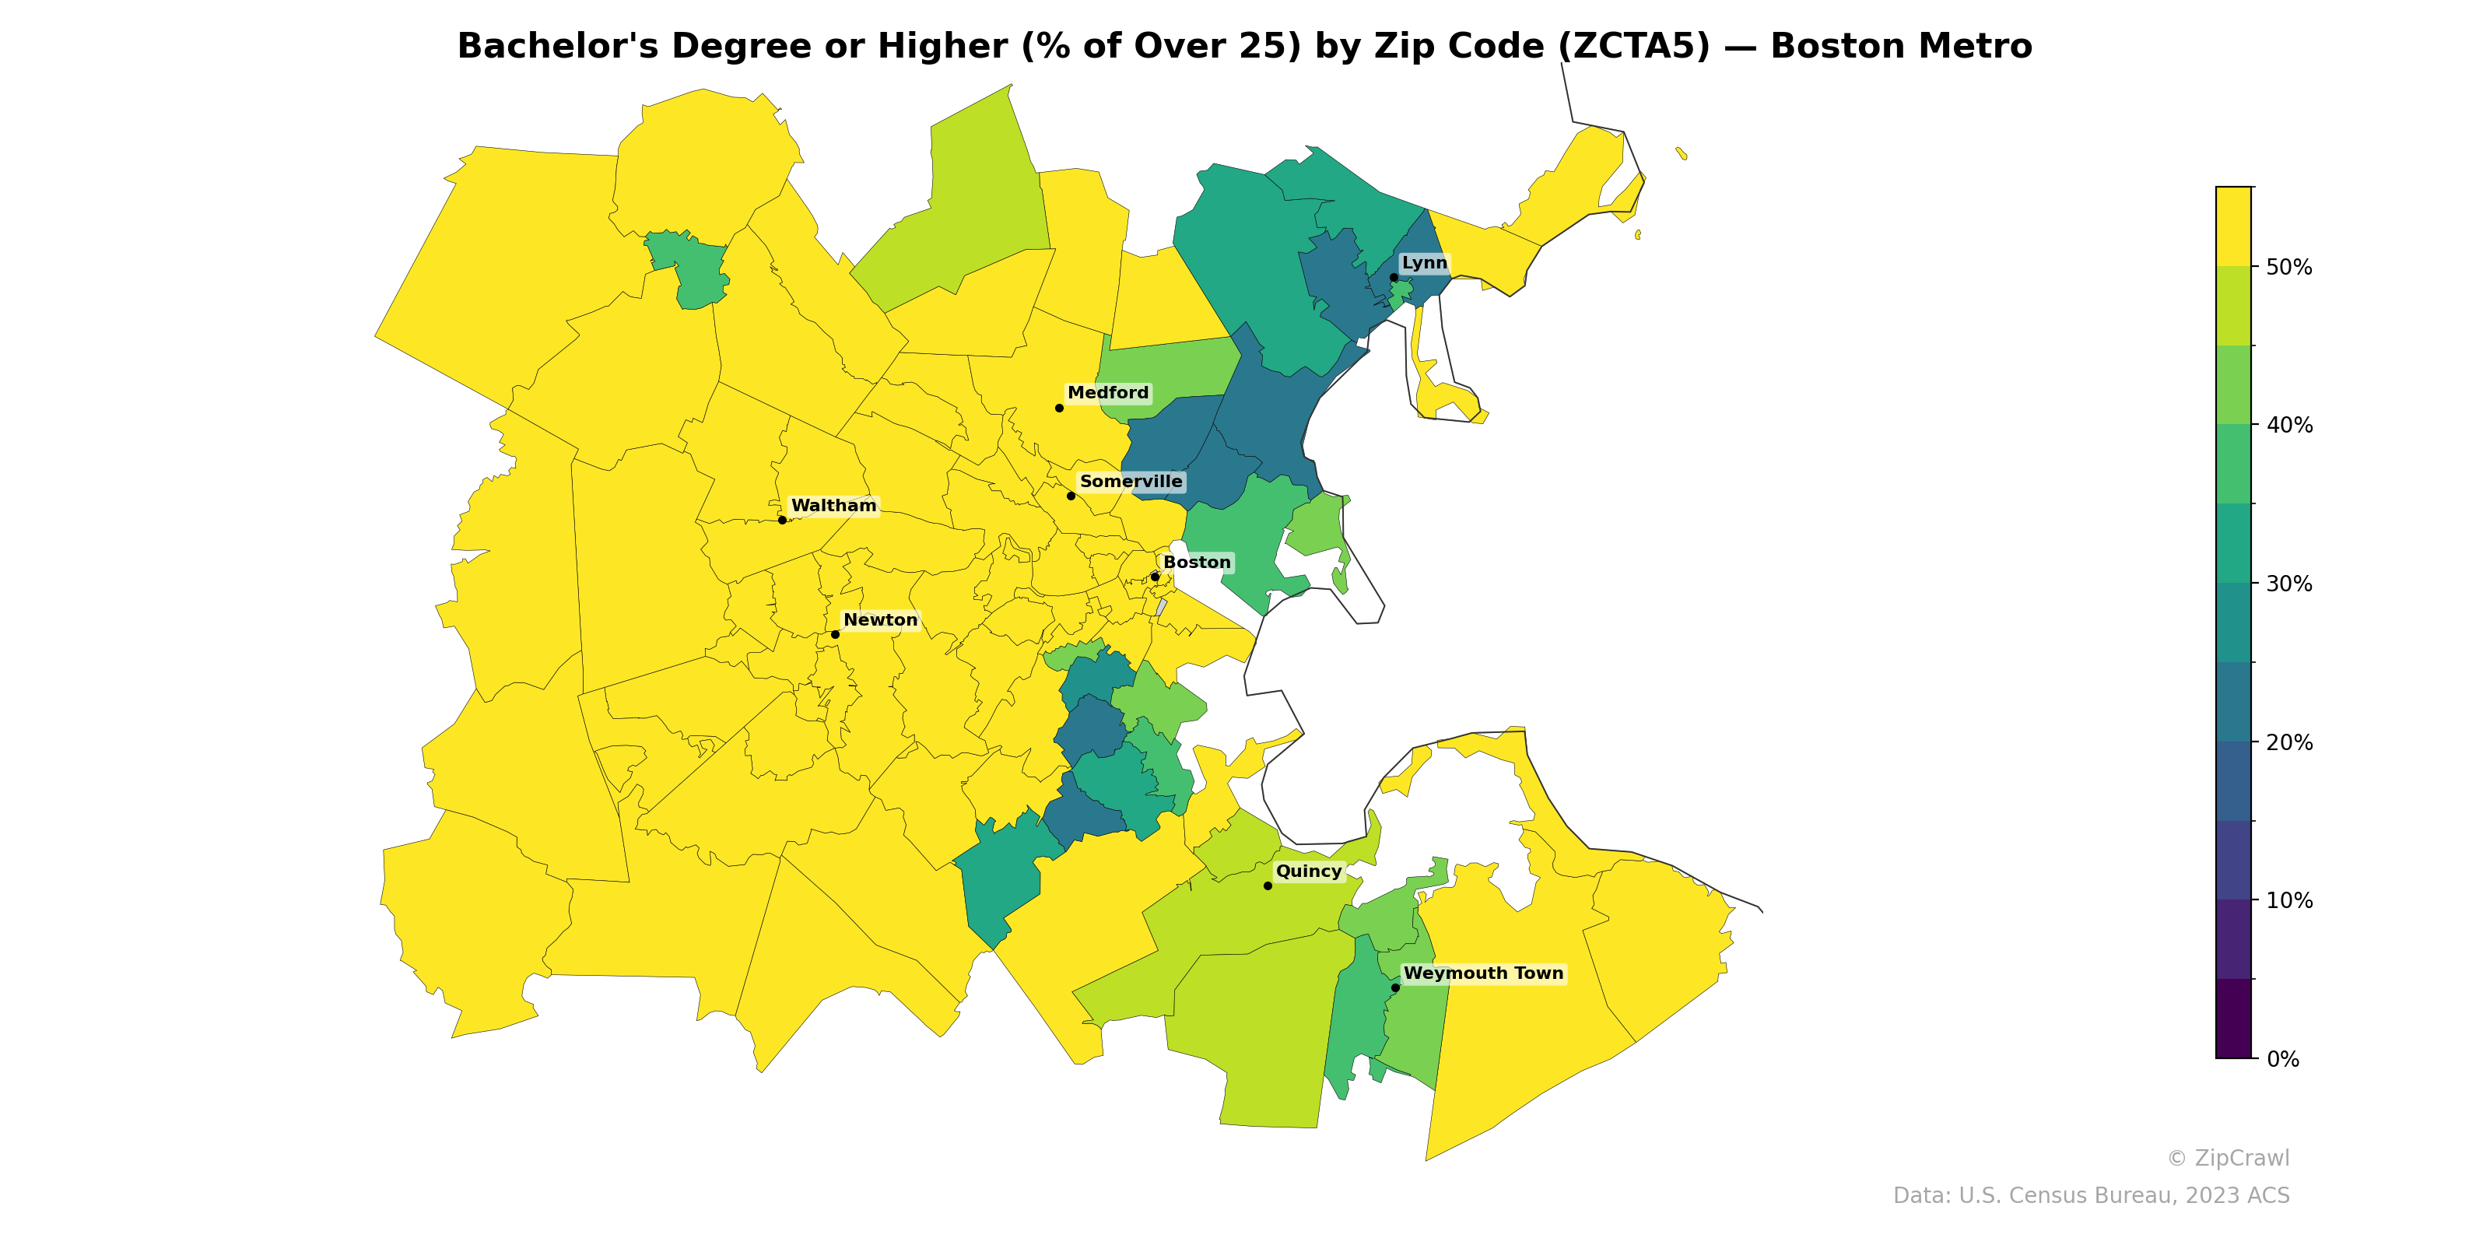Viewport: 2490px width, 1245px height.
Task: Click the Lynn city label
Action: pos(1424,263)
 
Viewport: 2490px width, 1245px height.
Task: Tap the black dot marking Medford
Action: pos(1058,408)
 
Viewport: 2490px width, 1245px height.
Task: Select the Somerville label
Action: pos(1130,482)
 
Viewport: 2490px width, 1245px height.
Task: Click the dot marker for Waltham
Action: pos(782,520)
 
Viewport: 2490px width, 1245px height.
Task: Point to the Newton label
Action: pos(879,619)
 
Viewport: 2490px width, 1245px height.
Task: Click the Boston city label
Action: pos(1196,563)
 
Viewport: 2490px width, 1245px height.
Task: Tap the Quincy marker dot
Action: pos(1268,886)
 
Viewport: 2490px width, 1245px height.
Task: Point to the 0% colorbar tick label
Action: pos(2282,1059)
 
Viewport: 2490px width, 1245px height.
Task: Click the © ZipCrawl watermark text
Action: pos(2227,1158)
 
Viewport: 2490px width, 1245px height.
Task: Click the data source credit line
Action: pos(2090,1196)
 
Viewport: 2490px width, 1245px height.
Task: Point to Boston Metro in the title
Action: pos(1900,47)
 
